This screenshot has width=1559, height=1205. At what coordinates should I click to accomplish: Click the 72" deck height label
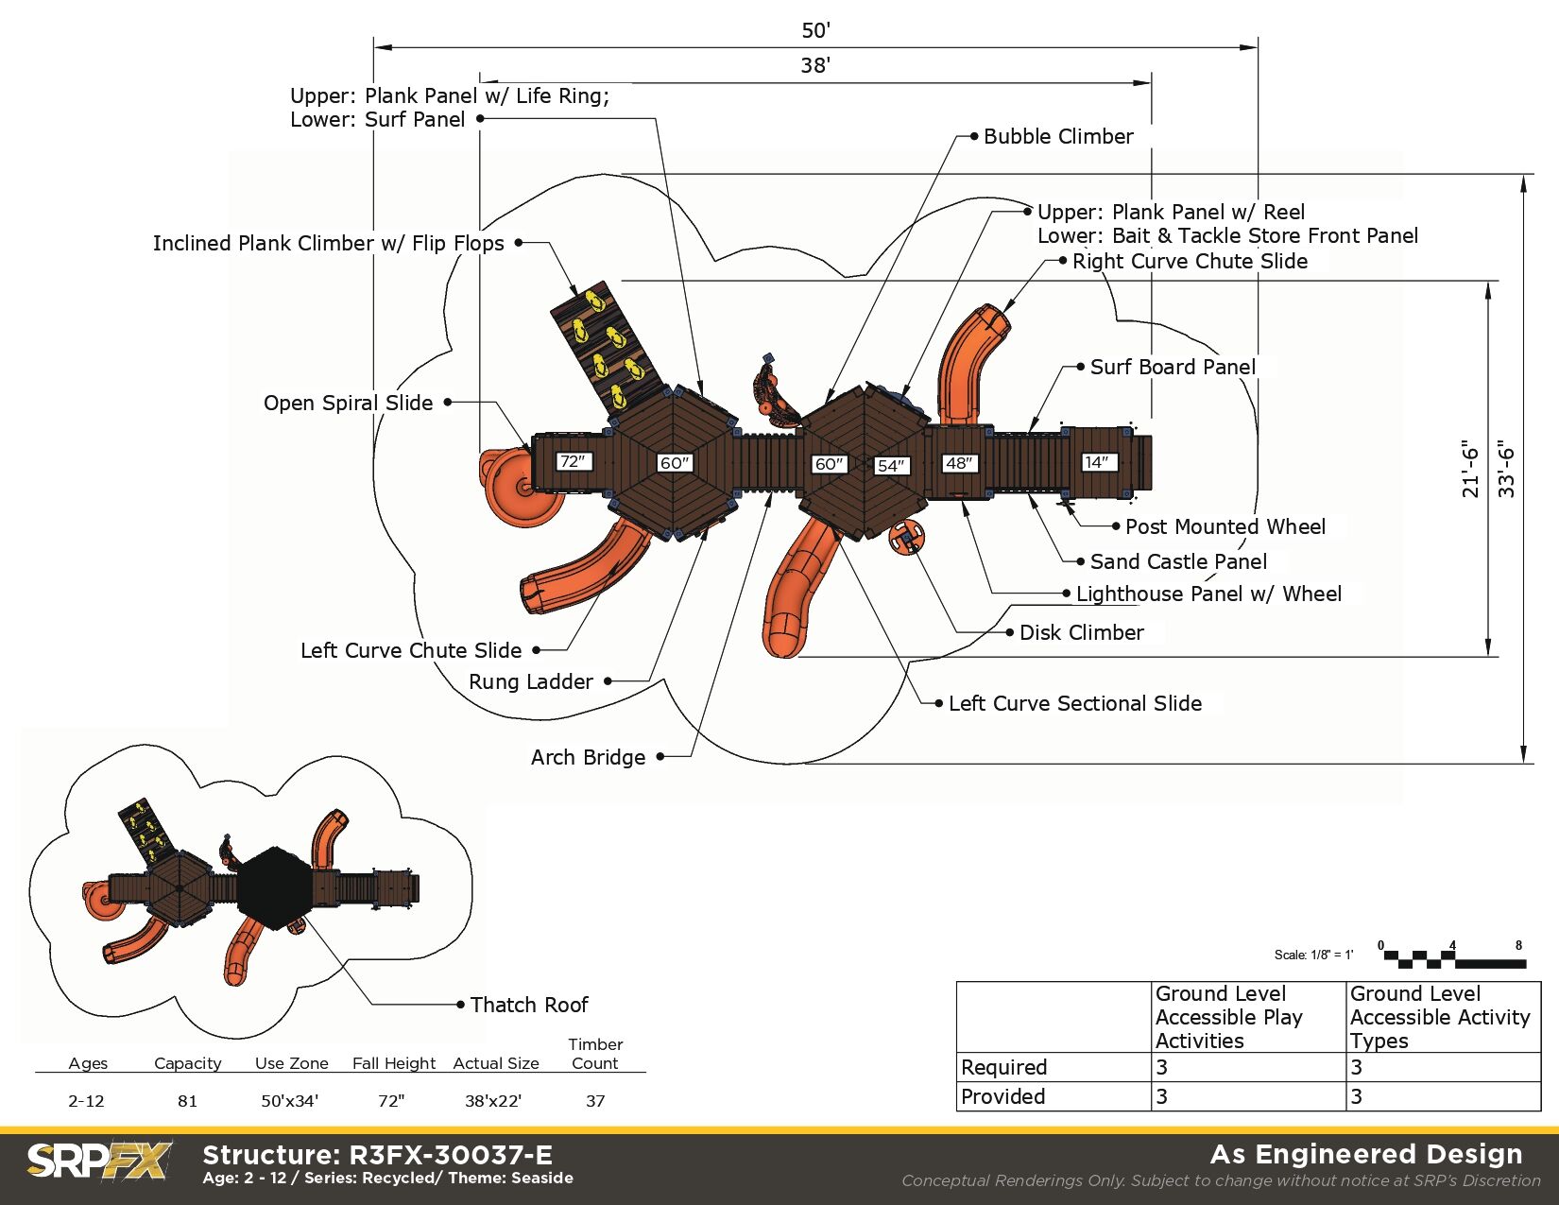pyautogui.click(x=573, y=461)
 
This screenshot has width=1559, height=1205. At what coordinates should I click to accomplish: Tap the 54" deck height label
pyautogui.click(x=891, y=465)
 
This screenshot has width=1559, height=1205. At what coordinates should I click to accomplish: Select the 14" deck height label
pyautogui.click(x=1098, y=462)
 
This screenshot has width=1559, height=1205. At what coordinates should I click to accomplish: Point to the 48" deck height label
pyautogui.click(x=959, y=463)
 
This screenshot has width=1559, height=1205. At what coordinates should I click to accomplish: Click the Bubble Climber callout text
pyautogui.click(x=1058, y=136)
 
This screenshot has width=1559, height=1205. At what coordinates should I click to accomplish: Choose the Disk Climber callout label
pyautogui.click(x=1081, y=632)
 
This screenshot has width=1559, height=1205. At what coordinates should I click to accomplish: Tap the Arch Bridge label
pyautogui.click(x=588, y=757)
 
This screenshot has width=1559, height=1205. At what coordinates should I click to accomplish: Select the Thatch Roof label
pyautogui.click(x=529, y=1005)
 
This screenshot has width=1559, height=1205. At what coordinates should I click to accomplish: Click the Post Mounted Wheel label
pyautogui.click(x=1225, y=526)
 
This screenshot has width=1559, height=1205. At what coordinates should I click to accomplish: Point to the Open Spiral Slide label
pyautogui.click(x=348, y=403)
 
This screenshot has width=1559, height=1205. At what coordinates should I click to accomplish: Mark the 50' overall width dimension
pyautogui.click(x=815, y=30)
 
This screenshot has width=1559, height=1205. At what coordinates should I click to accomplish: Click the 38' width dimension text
pyautogui.click(x=815, y=65)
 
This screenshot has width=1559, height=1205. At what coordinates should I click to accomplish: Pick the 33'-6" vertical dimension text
pyautogui.click(x=1507, y=469)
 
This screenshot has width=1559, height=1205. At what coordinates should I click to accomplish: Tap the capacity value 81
pyautogui.click(x=187, y=1101)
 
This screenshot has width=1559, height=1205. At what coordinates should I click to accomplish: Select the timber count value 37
pyautogui.click(x=595, y=1101)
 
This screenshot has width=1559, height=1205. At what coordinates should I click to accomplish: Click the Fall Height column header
pyautogui.click(x=394, y=1063)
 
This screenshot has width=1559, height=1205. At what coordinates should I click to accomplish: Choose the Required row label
pyautogui.click(x=1003, y=1067)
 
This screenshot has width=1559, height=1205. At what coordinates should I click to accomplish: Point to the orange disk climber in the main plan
pyautogui.click(x=907, y=538)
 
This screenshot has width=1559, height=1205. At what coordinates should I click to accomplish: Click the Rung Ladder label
pyautogui.click(x=531, y=681)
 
